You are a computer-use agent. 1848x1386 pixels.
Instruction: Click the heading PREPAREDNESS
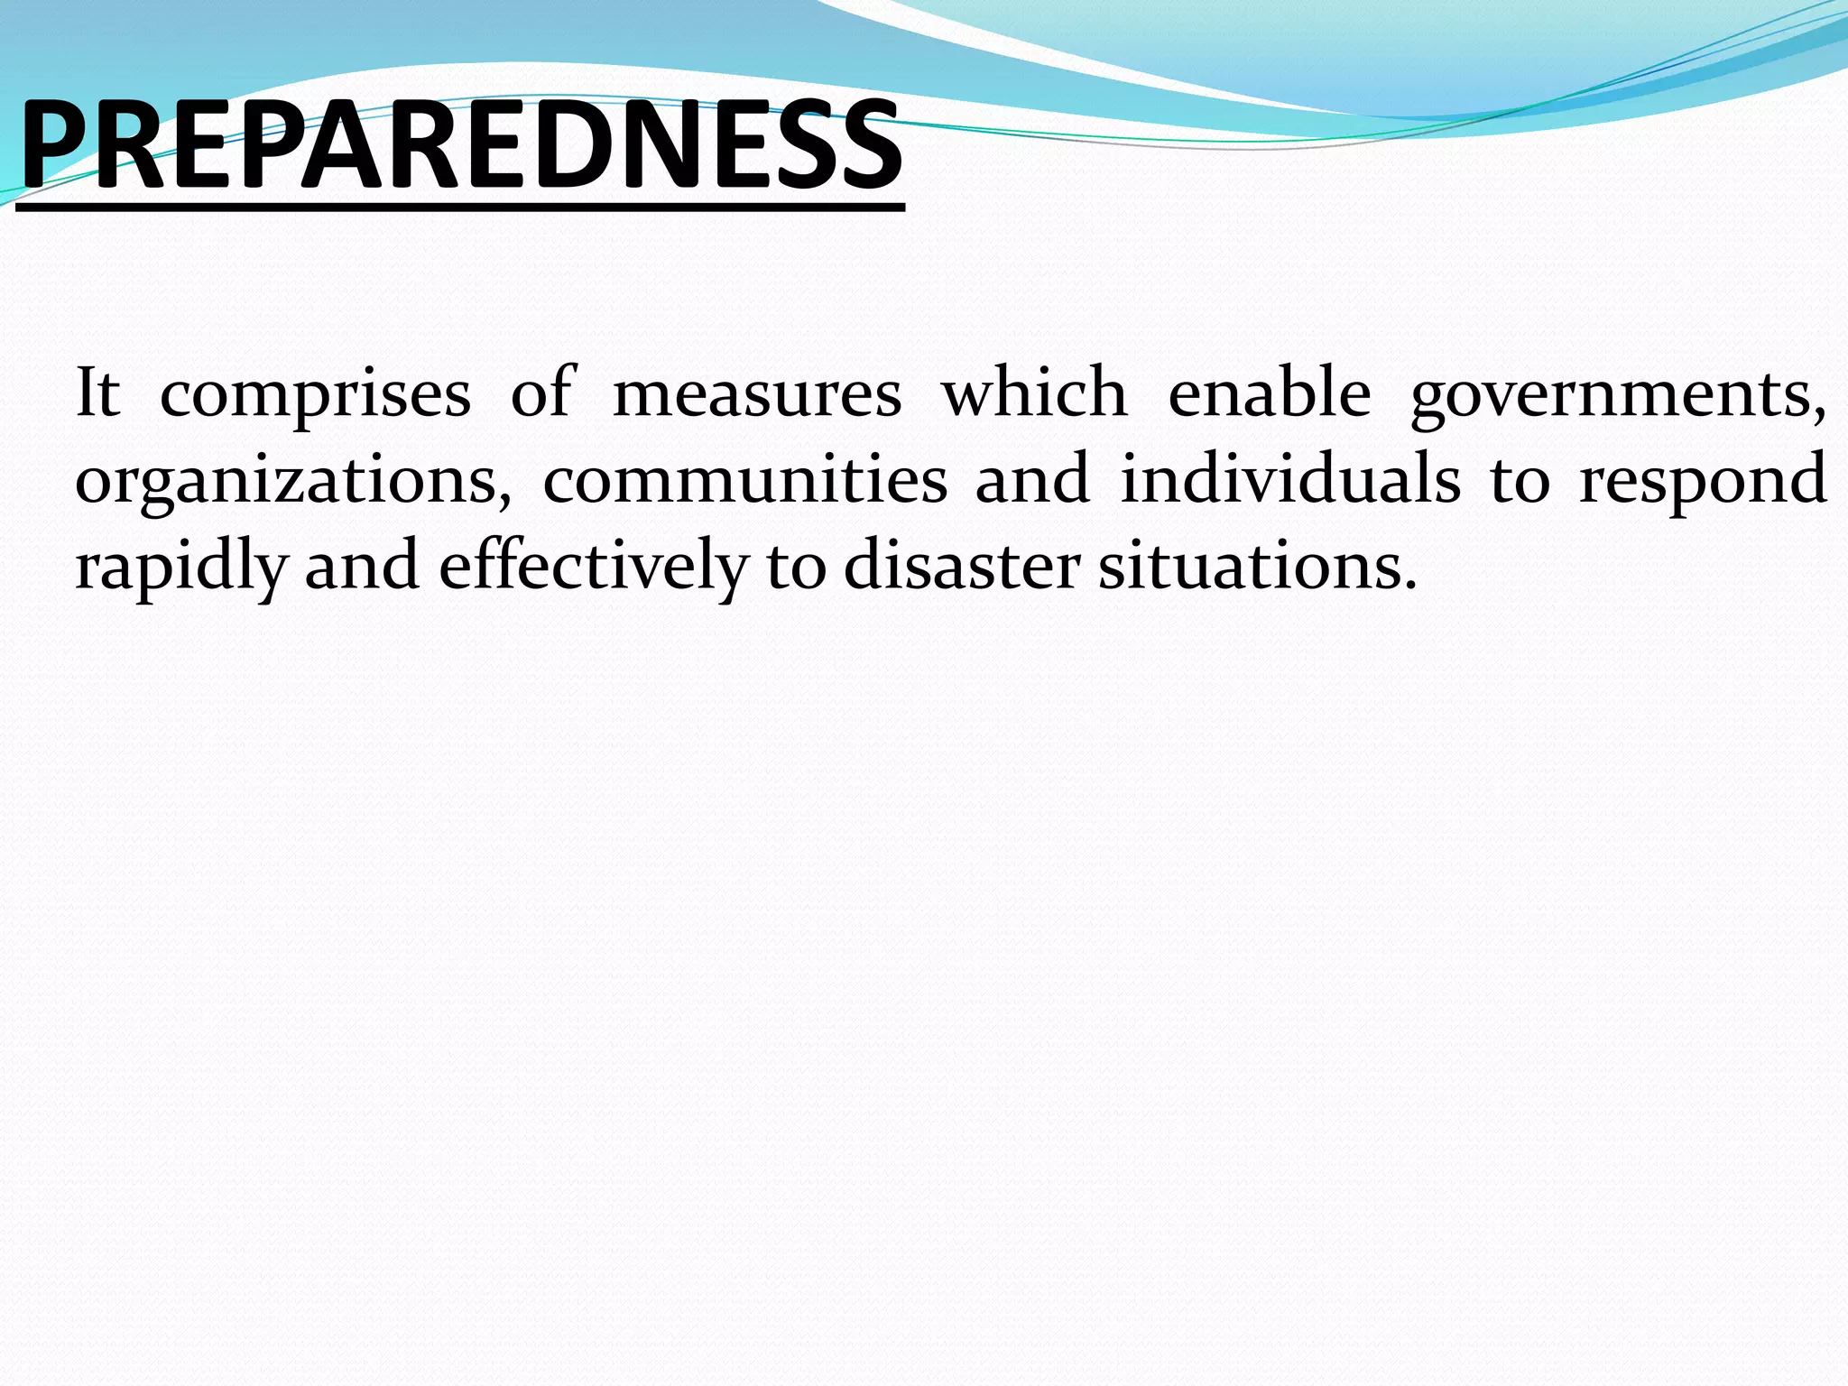pos(460,146)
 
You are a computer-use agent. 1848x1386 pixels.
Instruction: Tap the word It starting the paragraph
pos(97,393)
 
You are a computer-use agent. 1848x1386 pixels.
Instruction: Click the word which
pos(1034,393)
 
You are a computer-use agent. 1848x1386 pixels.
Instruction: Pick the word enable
pos(1269,393)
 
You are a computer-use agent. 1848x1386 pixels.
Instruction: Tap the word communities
pos(744,479)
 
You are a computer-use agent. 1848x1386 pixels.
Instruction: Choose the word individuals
pos(1289,479)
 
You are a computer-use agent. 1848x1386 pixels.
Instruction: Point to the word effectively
pos(593,566)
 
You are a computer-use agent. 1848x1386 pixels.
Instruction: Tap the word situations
pos(1255,566)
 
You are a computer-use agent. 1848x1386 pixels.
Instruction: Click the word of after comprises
pos(541,393)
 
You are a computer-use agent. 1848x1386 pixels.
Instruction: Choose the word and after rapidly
pos(361,566)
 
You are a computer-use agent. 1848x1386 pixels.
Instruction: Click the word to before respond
pos(1520,481)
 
